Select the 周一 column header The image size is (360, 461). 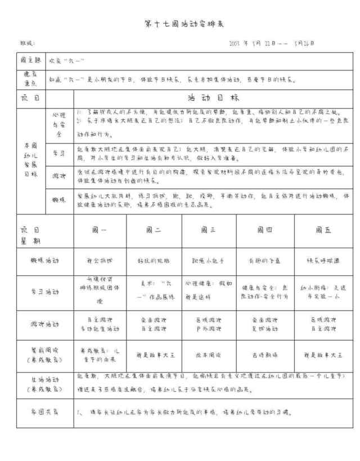coord(99,230)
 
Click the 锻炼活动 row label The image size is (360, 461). coord(45,261)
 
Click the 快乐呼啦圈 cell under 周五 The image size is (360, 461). coord(318,261)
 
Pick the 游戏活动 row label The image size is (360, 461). coord(45,324)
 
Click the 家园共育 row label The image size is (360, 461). coord(45,412)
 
